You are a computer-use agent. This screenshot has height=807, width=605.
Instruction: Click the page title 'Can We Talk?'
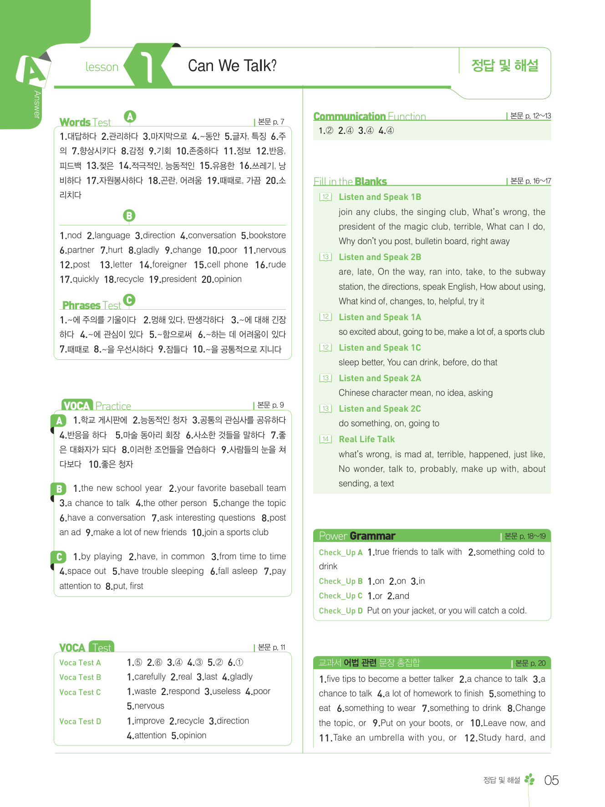coord(232,66)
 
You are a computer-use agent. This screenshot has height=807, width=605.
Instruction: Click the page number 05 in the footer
coord(551,781)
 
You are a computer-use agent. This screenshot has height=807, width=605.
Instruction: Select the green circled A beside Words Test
coord(130,117)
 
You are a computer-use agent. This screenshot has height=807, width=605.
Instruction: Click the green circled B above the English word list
coord(129,215)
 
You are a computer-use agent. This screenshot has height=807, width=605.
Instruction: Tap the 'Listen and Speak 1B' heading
coord(380,197)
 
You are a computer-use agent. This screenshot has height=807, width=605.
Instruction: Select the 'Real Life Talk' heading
coord(366,439)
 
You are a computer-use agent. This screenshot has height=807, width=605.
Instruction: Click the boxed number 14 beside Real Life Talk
coord(325,439)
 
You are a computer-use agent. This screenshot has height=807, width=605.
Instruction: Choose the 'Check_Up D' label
coord(341,611)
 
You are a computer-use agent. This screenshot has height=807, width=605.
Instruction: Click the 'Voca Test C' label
coord(80,692)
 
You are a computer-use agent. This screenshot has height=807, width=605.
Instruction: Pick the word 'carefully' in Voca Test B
coord(147,677)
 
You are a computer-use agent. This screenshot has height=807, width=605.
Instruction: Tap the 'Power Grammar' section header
coord(357,536)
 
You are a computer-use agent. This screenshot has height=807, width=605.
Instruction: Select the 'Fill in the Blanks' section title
coord(350,182)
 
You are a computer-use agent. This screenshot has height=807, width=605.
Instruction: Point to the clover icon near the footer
coord(529,780)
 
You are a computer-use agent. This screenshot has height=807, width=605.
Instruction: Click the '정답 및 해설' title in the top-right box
coord(504,66)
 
